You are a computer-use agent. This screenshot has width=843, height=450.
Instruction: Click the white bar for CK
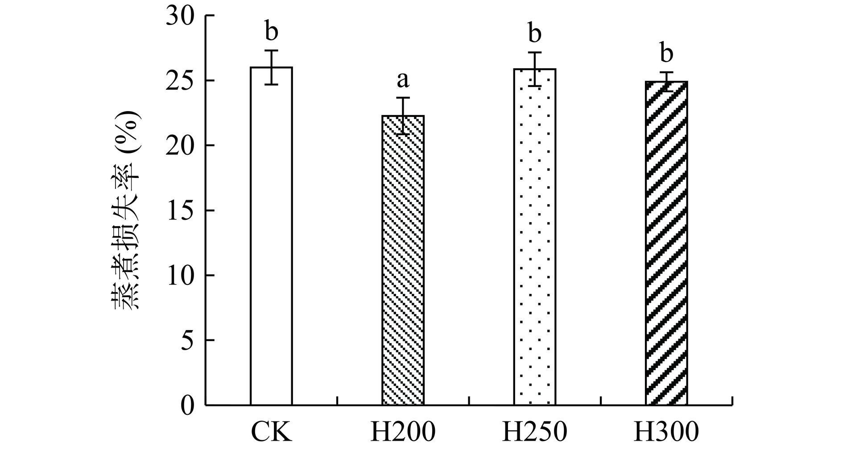coord(271,236)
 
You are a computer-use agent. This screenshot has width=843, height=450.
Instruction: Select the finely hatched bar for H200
coord(403,260)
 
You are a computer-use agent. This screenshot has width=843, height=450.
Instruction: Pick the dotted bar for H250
coord(534,237)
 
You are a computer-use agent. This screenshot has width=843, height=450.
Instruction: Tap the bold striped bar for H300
coord(666,244)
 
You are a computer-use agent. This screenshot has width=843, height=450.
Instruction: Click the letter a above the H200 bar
coord(403,80)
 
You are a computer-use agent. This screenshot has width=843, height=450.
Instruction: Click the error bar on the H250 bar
coord(534,69)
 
